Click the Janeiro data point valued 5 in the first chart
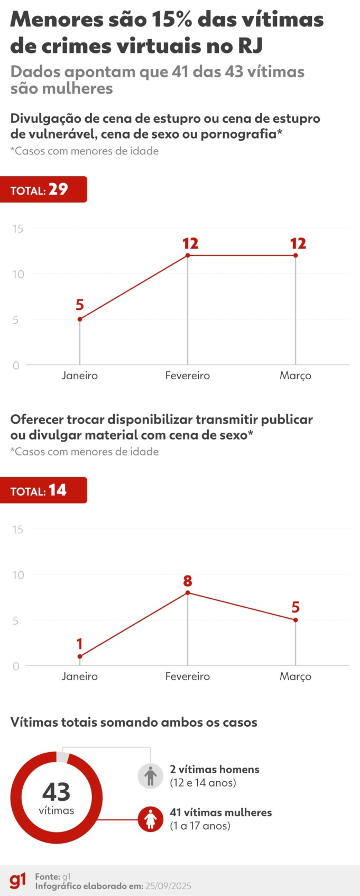point(80,319)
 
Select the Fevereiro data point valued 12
point(188,255)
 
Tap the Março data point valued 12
point(296,255)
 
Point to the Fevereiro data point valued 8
point(188,592)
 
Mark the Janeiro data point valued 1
point(80,656)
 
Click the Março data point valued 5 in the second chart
point(296,620)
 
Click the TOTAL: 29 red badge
point(43,189)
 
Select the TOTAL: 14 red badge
point(43,490)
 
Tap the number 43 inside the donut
point(56,792)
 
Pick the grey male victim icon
point(151,776)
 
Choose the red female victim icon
point(151,819)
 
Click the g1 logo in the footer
point(17,881)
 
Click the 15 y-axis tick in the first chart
point(18,228)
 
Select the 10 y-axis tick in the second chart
point(18,575)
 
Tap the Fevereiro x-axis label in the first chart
point(188,376)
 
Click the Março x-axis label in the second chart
point(296,676)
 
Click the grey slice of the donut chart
point(63,757)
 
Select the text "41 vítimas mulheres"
point(221,812)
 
